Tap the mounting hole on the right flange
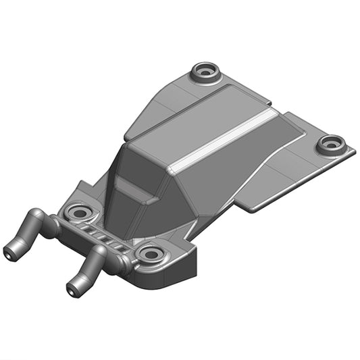(331, 143)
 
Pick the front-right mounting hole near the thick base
(149, 255)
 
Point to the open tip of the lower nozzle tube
(72, 290)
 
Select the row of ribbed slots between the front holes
(108, 237)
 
